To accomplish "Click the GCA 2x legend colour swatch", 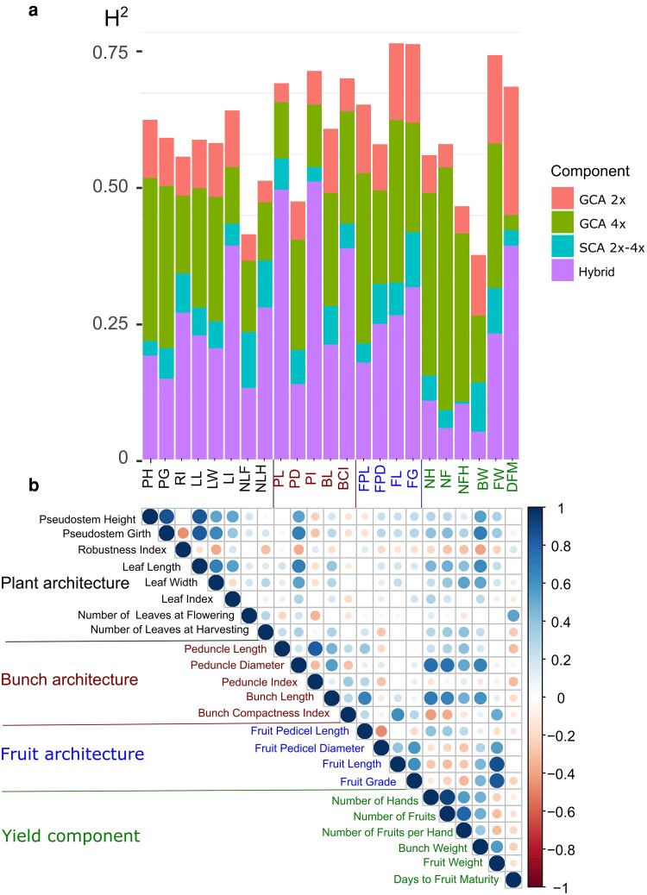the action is pyautogui.click(x=562, y=198).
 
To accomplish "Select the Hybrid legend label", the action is pyautogui.click(x=597, y=272).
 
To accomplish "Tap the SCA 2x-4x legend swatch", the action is pyautogui.click(x=562, y=247).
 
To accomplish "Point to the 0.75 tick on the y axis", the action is pyautogui.click(x=139, y=52).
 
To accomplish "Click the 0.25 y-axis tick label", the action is pyautogui.click(x=110, y=323).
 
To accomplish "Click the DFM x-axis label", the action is pyautogui.click(x=512, y=475).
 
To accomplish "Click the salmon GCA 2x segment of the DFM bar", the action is pyautogui.click(x=511, y=151).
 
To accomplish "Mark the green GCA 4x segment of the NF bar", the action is pyautogui.click(x=445, y=288).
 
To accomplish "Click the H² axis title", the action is pyautogui.click(x=116, y=18).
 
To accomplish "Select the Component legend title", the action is pyautogui.click(x=590, y=172).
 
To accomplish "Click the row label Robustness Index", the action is pyautogui.click(x=122, y=549).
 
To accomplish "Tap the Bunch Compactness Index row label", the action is pyautogui.click(x=264, y=713).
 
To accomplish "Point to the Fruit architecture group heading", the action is pyautogui.click(x=72, y=754).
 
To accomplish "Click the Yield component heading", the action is pyautogui.click(x=71, y=836).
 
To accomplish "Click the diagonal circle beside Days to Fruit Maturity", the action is pyautogui.click(x=513, y=879).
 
